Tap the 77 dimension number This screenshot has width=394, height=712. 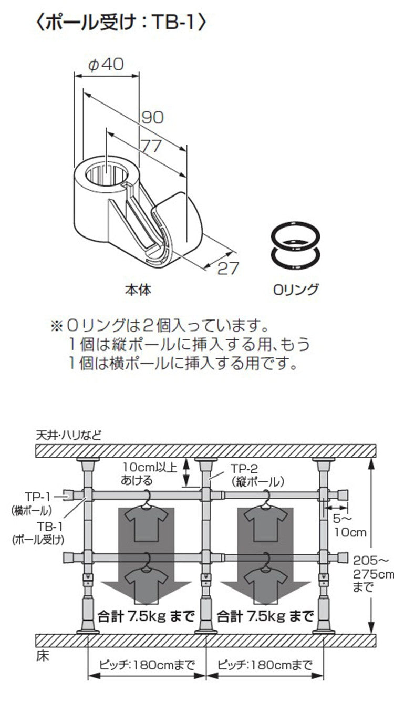click(x=151, y=146)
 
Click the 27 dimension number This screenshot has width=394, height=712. click(x=228, y=268)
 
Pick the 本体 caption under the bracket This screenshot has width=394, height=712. click(x=138, y=289)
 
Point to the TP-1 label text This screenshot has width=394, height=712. click(x=37, y=496)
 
